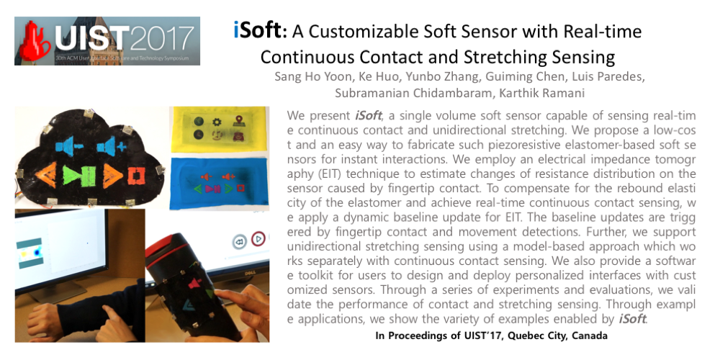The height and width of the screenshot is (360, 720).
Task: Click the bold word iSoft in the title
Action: tap(257, 31)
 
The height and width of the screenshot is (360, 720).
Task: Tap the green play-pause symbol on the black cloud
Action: tap(79, 175)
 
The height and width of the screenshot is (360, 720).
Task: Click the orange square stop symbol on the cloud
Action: tap(135, 176)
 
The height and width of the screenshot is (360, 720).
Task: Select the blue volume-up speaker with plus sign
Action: tap(111, 146)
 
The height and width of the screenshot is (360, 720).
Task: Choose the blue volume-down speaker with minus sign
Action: tap(70, 146)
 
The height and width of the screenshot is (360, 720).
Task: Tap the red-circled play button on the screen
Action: tap(258, 239)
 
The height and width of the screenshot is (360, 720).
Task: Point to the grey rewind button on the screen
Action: tap(239, 241)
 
